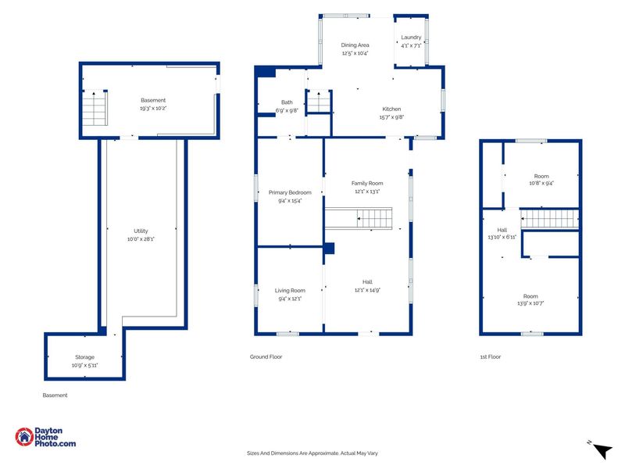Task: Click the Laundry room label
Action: (x=411, y=37)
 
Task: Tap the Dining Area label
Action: (x=355, y=45)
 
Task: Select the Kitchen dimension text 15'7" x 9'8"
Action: (x=391, y=116)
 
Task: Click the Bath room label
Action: (x=287, y=102)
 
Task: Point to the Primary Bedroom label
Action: (x=290, y=192)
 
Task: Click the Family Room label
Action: (x=367, y=184)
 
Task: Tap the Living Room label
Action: (x=290, y=291)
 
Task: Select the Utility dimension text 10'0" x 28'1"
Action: (x=141, y=239)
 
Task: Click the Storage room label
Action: (x=84, y=357)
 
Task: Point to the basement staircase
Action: (x=95, y=108)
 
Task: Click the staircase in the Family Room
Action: (x=359, y=218)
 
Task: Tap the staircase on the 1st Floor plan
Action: (x=550, y=219)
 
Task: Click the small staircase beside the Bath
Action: (x=319, y=102)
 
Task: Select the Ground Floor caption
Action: (x=266, y=357)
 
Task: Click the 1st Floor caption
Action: (x=491, y=357)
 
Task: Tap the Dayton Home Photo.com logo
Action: (x=45, y=437)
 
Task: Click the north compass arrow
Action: (x=602, y=451)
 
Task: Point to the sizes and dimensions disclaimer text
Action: (x=312, y=453)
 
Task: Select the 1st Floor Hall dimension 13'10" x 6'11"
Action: (x=502, y=237)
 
